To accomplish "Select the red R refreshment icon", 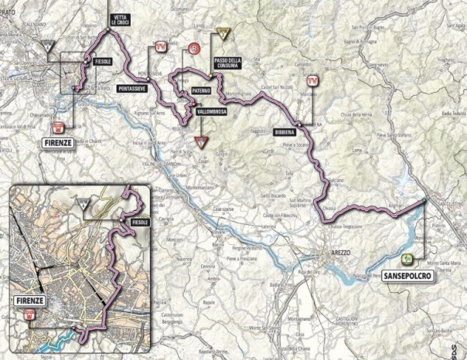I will point(193,49).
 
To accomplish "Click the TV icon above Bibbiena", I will point(312,80).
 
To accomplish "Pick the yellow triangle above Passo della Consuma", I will point(223,33).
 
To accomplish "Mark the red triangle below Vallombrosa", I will point(203,141).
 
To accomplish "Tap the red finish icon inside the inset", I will point(29,314).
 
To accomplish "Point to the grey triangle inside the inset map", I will point(82,204).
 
